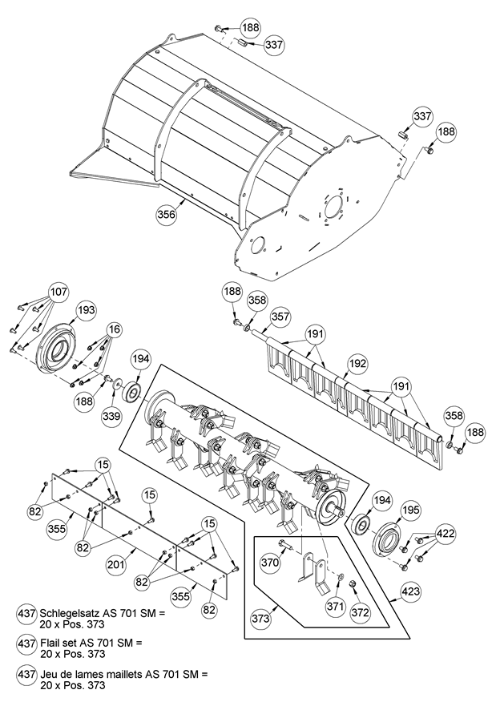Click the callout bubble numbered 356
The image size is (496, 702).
166,215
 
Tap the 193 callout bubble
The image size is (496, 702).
86,309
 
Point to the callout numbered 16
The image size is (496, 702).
115,329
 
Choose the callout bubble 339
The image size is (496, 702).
111,415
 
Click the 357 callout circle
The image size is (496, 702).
280,317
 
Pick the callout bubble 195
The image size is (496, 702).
410,510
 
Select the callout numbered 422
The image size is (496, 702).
446,532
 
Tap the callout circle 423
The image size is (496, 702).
410,593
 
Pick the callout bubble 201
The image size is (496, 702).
116,565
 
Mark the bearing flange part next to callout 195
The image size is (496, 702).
391,536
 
